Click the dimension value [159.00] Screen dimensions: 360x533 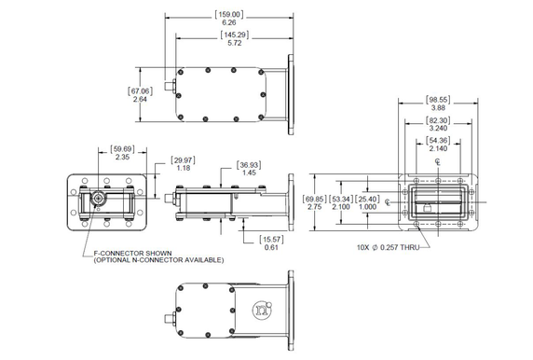[x=229, y=14]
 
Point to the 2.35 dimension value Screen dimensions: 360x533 [x=122, y=158]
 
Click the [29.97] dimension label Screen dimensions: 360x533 [x=184, y=159]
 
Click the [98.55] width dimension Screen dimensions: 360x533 [x=437, y=98]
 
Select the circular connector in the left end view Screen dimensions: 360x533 [x=98, y=199]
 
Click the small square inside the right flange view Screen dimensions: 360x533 [x=426, y=210]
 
